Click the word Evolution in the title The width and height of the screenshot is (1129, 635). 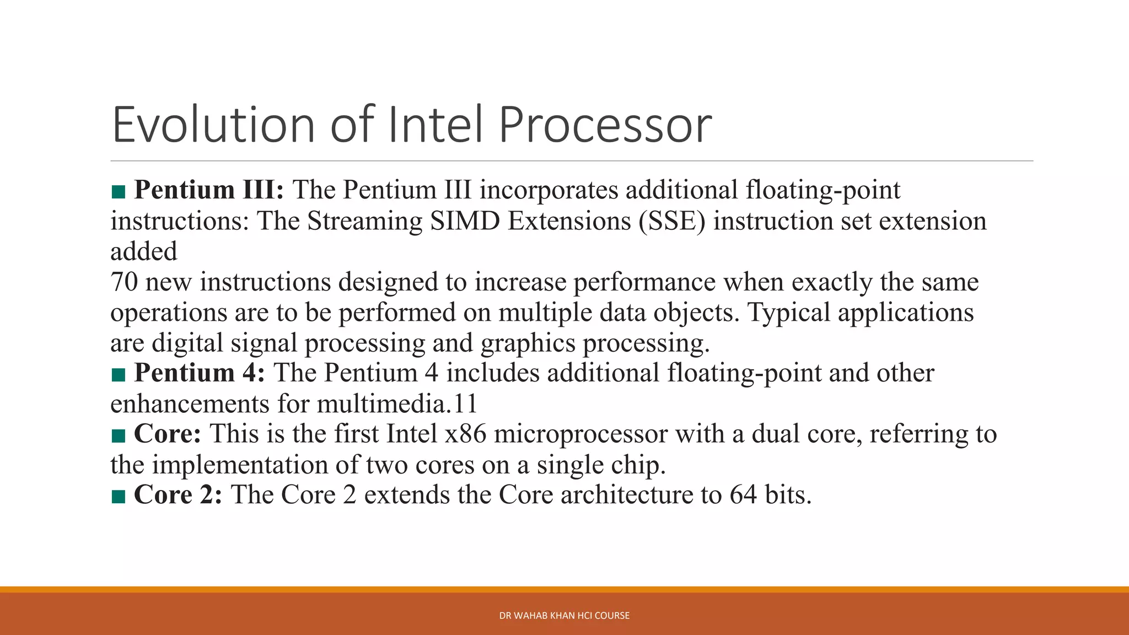(x=213, y=125)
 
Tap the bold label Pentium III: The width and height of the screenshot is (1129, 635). (x=209, y=190)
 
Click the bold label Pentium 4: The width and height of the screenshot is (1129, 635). (x=199, y=373)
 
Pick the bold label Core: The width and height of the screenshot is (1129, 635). (x=168, y=434)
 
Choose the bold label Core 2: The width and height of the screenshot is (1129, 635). (x=178, y=495)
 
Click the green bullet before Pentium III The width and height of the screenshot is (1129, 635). (x=118, y=192)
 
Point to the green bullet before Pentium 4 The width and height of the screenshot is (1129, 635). (x=118, y=375)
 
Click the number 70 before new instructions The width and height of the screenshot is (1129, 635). (x=124, y=282)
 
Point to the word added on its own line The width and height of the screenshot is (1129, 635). (x=143, y=252)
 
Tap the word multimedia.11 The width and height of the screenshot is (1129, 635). (x=397, y=404)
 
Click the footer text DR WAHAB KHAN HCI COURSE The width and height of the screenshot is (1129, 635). (x=564, y=616)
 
